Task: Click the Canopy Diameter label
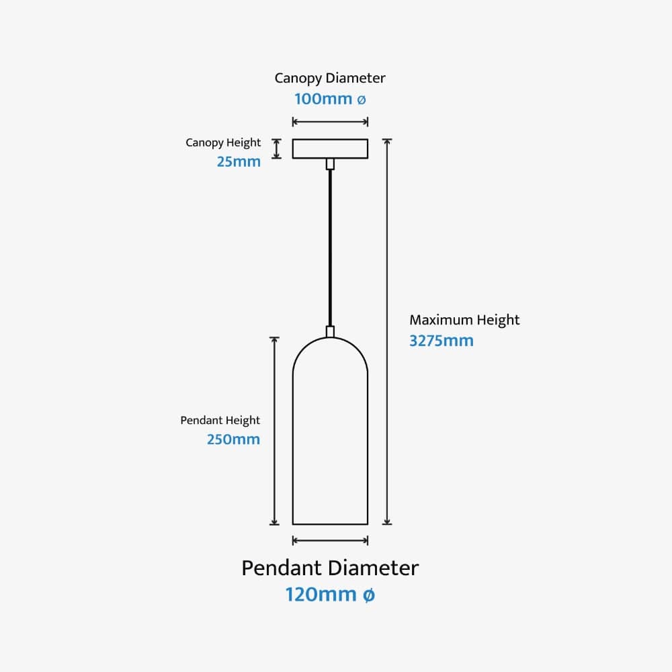[x=330, y=78]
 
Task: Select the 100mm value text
[x=323, y=99]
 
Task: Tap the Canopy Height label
[x=223, y=142]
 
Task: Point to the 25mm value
[x=239, y=161]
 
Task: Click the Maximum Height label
[x=464, y=320]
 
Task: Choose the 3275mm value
[x=442, y=341]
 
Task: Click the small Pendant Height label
[x=220, y=421]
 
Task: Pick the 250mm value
[x=233, y=439]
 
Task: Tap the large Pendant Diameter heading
[x=330, y=568]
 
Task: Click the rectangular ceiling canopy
[x=330, y=149]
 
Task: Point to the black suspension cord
[x=330, y=249]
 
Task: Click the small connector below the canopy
[x=330, y=164]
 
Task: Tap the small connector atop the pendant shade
[x=330, y=331]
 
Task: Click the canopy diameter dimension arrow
[x=330, y=122]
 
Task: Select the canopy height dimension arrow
[x=276, y=149]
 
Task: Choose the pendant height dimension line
[x=274, y=430]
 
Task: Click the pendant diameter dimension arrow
[x=330, y=540]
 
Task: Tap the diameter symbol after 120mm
[x=368, y=595]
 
